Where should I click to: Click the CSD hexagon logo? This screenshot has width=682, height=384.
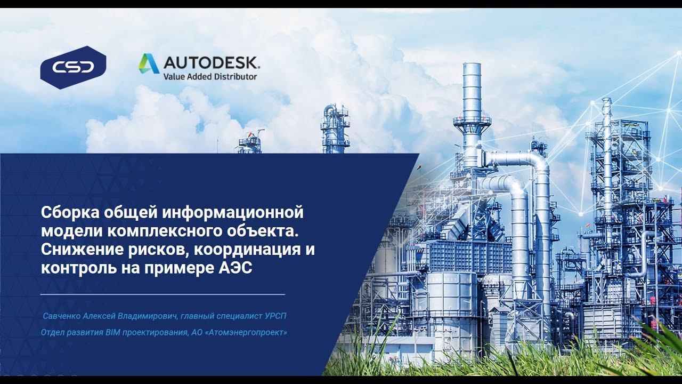(73, 67)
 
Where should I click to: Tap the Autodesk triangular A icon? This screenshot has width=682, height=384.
(149, 63)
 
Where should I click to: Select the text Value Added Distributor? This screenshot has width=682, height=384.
(210, 76)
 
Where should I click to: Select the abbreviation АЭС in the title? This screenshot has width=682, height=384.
(235, 267)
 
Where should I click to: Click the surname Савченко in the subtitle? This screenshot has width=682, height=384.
(62, 316)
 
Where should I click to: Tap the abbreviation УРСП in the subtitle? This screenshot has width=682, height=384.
(275, 316)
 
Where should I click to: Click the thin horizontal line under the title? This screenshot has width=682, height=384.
(163, 294)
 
